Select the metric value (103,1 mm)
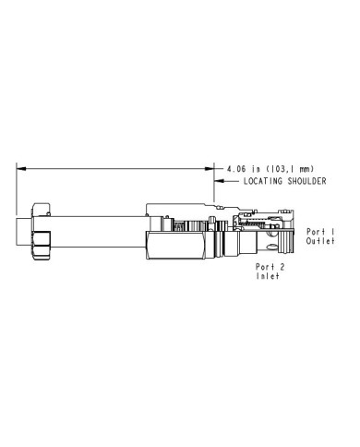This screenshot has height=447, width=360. [x=290, y=169]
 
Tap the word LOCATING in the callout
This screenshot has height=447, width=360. [x=263, y=181]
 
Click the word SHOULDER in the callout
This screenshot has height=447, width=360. [x=306, y=181]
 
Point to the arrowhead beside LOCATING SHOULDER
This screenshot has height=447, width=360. [x=219, y=181]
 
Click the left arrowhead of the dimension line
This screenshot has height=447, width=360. [x=20, y=168]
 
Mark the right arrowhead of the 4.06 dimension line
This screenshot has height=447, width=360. [x=210, y=168]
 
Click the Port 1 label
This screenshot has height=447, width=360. [x=320, y=232]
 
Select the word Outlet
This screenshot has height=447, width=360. [x=320, y=241]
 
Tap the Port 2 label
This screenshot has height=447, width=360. [x=270, y=267]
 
